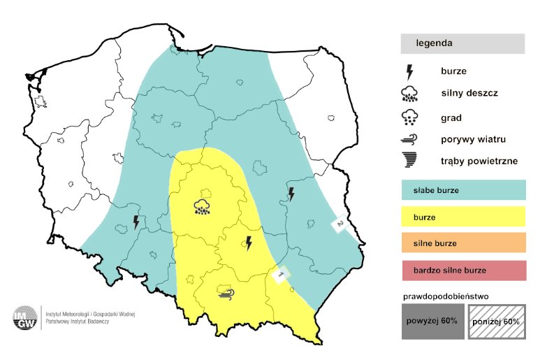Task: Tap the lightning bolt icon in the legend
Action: click(x=409, y=71)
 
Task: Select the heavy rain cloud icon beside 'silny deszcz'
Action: click(x=409, y=94)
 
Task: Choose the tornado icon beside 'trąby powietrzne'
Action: click(x=409, y=161)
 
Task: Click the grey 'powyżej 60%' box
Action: click(x=432, y=322)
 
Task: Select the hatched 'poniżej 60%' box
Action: click(x=495, y=322)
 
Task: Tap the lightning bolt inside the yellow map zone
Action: click(x=248, y=243)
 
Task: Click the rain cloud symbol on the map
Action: click(x=203, y=207)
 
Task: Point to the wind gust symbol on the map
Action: click(x=226, y=292)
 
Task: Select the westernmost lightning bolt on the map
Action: click(x=136, y=222)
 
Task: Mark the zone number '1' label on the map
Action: click(x=281, y=275)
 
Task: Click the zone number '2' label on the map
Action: click(x=339, y=224)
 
